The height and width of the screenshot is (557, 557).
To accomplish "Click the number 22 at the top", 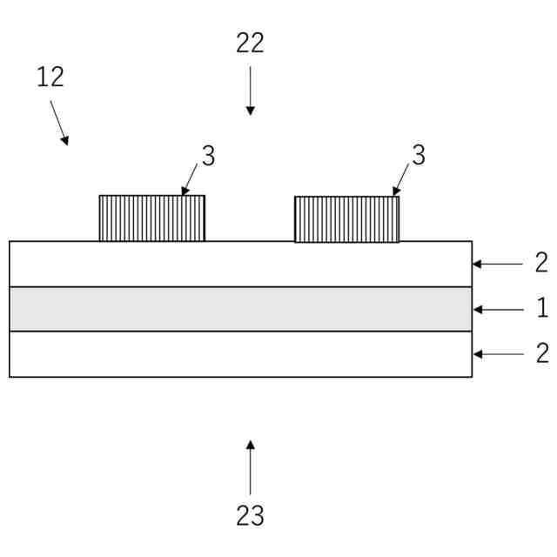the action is click(250, 44).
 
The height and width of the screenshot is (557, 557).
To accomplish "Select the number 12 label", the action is click(50, 77).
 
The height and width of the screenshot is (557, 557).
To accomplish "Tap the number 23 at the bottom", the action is click(250, 515).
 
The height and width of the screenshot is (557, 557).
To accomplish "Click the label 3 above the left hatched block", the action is click(208, 156).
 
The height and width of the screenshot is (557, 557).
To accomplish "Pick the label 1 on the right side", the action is click(541, 308).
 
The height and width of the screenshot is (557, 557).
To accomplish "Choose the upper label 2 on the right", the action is click(541, 263).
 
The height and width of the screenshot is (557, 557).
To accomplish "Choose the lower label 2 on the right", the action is click(541, 352).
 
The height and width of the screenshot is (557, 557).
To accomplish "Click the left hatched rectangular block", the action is click(152, 218).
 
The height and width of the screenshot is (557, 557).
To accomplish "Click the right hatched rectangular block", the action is click(347, 219).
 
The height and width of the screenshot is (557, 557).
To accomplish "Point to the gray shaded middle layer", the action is click(240, 309).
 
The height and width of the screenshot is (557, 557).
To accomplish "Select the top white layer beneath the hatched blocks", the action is click(240, 264).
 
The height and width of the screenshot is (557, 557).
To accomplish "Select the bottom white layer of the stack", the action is click(240, 354).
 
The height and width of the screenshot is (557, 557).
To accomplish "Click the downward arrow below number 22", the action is click(251, 91).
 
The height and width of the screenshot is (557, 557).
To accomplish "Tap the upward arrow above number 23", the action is click(251, 467).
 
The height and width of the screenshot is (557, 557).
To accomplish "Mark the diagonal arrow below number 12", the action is click(59, 123).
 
